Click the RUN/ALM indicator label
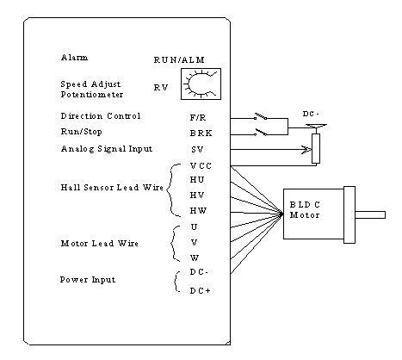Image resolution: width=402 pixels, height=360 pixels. (179, 59)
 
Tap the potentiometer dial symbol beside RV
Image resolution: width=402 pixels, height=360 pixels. (201, 84)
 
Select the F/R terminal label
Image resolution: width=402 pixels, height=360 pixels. (198, 118)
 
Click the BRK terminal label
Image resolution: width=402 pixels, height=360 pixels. (201, 133)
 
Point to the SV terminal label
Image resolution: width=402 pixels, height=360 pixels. (197, 150)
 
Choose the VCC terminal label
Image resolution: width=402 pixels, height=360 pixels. (201, 166)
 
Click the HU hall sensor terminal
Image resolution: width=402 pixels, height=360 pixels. (197, 180)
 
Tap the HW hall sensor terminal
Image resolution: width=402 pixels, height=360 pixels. (198, 211)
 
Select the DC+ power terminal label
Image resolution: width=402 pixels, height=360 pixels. (201, 291)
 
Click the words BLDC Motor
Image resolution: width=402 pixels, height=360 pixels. (305, 210)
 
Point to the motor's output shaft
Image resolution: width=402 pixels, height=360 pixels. (370, 214)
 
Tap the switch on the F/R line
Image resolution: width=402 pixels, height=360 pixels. (261, 117)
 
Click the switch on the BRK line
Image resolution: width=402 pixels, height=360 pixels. (261, 133)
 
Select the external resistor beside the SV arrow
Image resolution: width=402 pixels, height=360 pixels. (316, 149)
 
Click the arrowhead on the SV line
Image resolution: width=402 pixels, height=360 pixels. (307, 150)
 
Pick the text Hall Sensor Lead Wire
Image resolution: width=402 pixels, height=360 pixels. (112, 188)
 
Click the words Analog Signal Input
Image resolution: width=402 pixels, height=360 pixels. (107, 149)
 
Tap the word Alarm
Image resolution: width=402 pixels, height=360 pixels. (74, 58)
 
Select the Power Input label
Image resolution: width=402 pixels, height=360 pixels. (88, 280)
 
